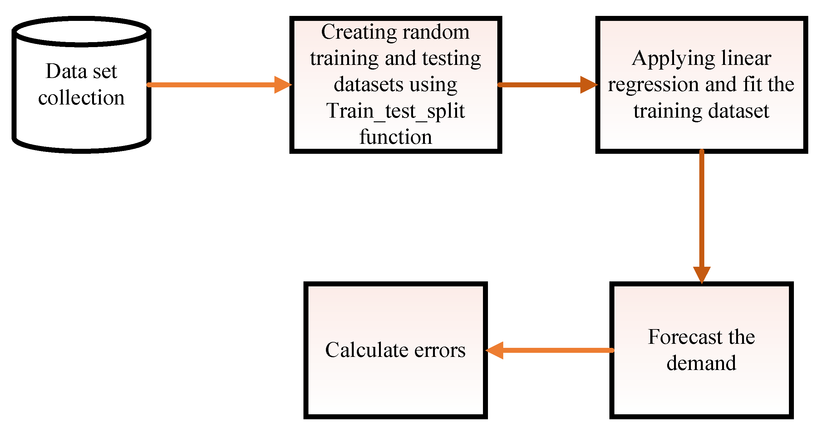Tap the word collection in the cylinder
point(81,98)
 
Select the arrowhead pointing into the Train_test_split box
point(283,85)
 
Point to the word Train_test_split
point(395,111)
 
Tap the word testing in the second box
point(451,59)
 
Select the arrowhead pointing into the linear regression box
point(588,85)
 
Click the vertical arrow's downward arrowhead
point(702,274)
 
